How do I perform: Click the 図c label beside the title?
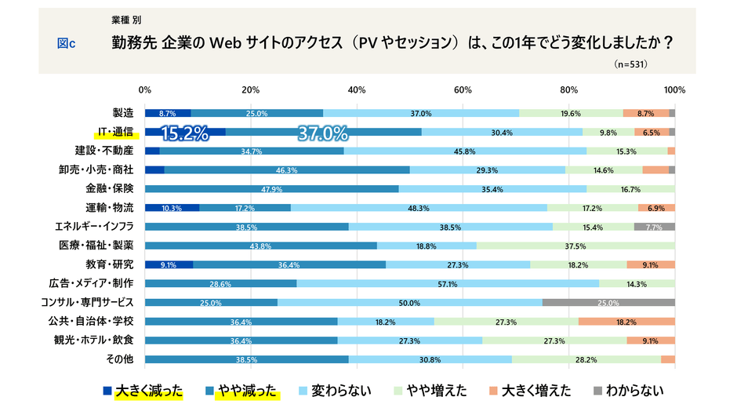click(x=66, y=44)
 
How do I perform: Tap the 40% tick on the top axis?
click(x=357, y=89)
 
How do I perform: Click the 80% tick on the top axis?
click(x=569, y=89)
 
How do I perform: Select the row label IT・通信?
click(x=112, y=132)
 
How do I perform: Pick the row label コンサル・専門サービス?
click(x=87, y=302)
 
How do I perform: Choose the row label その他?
click(x=120, y=359)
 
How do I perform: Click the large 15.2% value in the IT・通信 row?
click(x=184, y=133)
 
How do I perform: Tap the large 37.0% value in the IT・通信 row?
click(x=322, y=133)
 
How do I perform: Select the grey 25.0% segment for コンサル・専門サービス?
click(x=608, y=302)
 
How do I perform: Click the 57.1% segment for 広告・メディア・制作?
click(x=447, y=283)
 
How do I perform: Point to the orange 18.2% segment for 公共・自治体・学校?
click(x=626, y=321)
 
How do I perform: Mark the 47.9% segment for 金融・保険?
click(x=271, y=188)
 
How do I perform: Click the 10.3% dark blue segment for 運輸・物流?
click(x=172, y=207)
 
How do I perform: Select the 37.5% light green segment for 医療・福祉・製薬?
click(x=575, y=246)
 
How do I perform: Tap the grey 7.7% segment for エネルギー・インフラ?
click(x=654, y=226)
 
